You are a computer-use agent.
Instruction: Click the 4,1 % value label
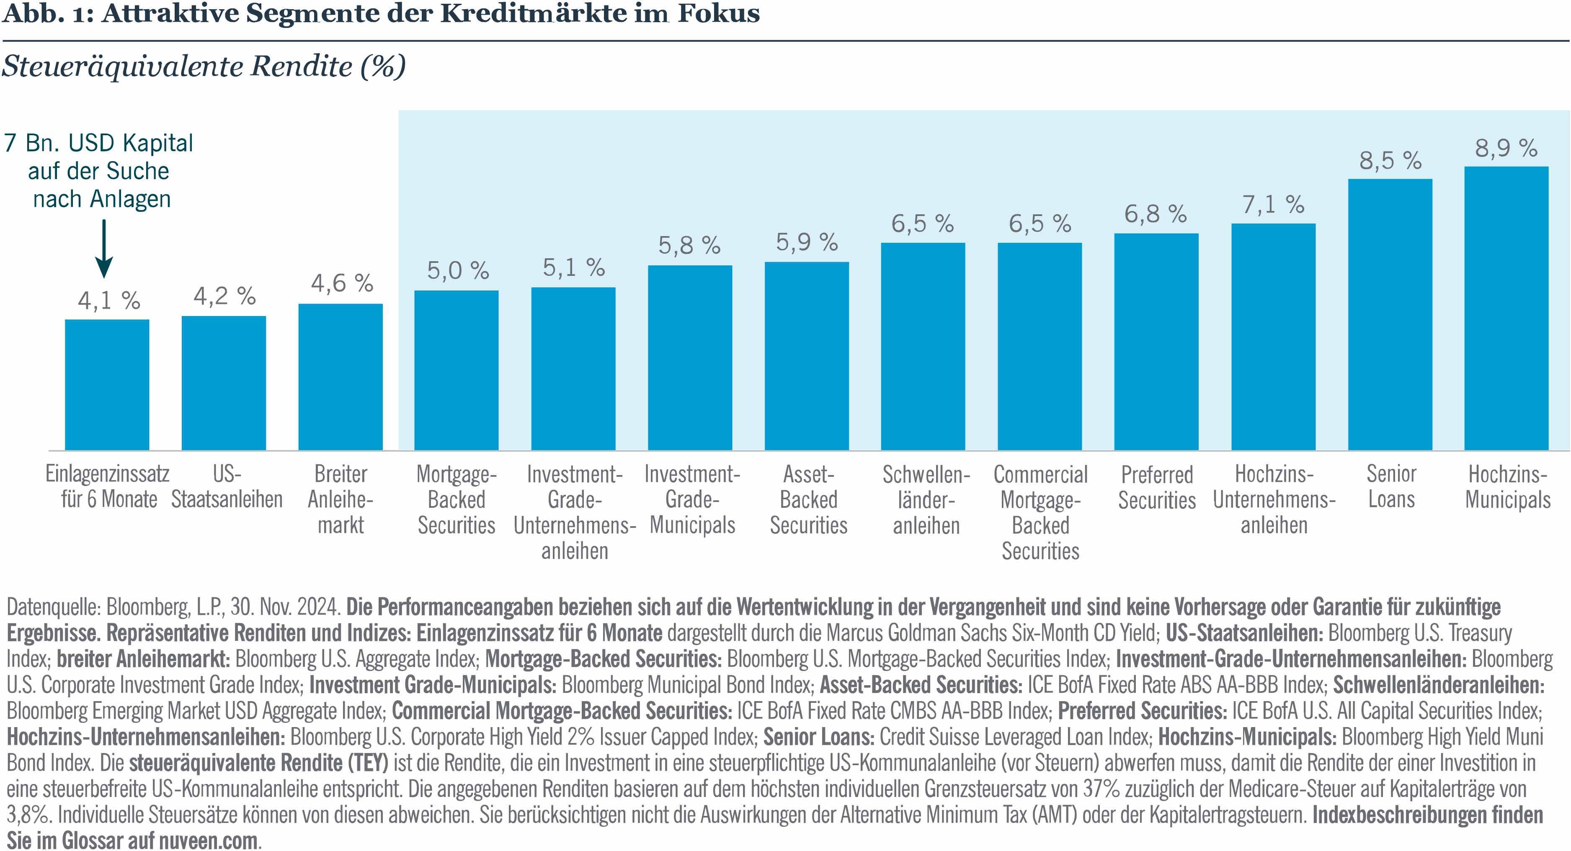pos(108,301)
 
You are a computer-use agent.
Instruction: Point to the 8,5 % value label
pos(1390,160)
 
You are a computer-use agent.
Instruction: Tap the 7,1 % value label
pos(1273,204)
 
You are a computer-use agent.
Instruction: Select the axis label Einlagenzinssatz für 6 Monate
pos(108,486)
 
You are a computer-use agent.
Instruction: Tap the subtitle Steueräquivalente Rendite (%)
pos(203,67)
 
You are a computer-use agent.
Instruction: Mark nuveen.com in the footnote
pos(207,841)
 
